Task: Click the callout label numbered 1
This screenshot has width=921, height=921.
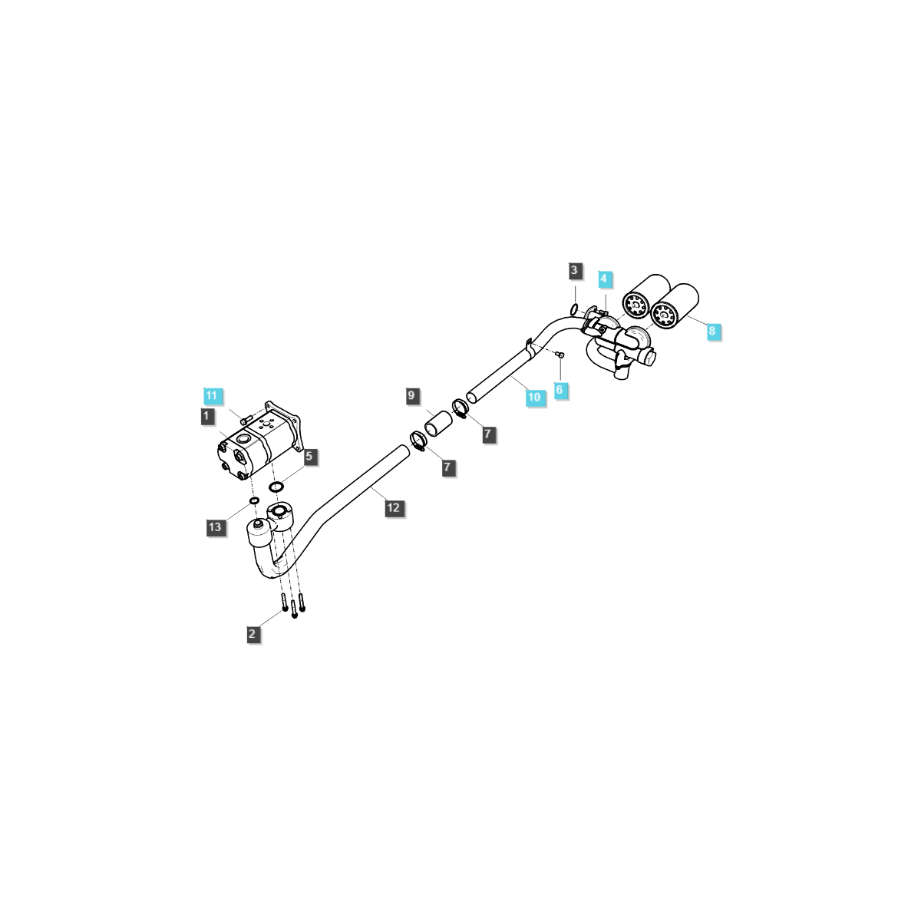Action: [206, 416]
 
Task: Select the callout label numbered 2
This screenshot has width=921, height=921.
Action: [253, 634]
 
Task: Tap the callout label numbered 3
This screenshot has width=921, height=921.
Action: [574, 270]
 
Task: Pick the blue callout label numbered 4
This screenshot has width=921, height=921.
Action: [604, 278]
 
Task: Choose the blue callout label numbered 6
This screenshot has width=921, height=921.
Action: [559, 390]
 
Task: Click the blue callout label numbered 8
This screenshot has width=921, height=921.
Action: [711, 331]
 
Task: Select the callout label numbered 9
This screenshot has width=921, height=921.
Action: [411, 395]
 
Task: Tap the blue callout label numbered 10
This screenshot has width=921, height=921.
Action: [534, 397]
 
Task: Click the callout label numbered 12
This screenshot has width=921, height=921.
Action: [393, 507]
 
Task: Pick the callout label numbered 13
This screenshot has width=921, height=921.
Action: [215, 527]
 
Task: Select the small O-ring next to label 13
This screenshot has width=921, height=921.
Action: [253, 502]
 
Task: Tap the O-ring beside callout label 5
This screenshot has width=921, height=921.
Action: [276, 487]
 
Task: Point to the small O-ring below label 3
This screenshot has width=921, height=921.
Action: [574, 309]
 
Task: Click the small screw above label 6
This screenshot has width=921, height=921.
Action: [560, 355]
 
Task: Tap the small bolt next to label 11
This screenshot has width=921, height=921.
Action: [246, 420]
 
